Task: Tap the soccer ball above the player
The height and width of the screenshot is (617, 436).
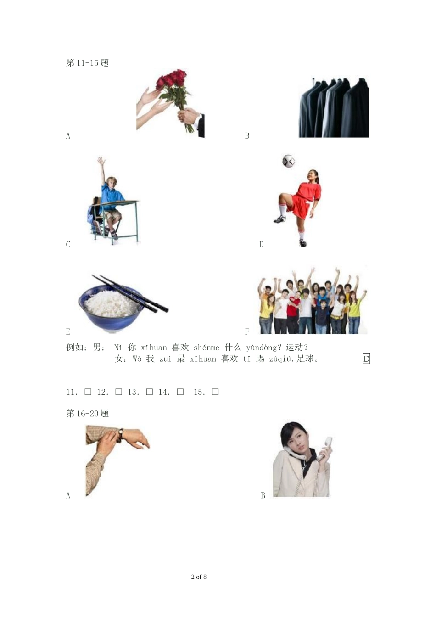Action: click(288, 161)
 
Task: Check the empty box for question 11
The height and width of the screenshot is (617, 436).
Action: click(88, 392)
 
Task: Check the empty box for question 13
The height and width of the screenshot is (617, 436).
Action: click(150, 392)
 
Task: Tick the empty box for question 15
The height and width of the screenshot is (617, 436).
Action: click(216, 392)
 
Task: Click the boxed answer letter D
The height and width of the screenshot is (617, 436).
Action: click(366, 359)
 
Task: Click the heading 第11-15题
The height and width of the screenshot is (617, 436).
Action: click(88, 63)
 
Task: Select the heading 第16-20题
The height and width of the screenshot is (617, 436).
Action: click(88, 414)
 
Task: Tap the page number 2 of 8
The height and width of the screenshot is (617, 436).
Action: click(199, 577)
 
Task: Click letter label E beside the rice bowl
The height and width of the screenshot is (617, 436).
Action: click(68, 331)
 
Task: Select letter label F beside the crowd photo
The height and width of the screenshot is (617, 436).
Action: click(247, 331)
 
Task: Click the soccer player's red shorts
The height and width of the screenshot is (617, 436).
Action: click(299, 208)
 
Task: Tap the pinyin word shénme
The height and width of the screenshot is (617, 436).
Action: click(207, 348)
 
